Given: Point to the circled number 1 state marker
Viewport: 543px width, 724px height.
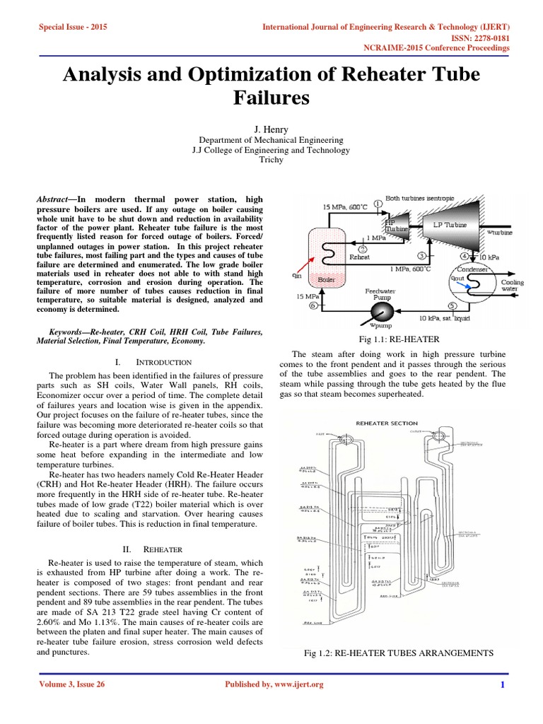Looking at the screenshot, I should pos(378,204).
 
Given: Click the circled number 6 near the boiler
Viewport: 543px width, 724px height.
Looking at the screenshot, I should pos(313,306).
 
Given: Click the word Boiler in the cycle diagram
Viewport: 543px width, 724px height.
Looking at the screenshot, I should pos(327,279).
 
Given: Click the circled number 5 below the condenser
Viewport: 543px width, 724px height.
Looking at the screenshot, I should pos(452,306).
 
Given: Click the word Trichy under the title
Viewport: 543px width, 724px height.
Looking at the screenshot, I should pos(271,160).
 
